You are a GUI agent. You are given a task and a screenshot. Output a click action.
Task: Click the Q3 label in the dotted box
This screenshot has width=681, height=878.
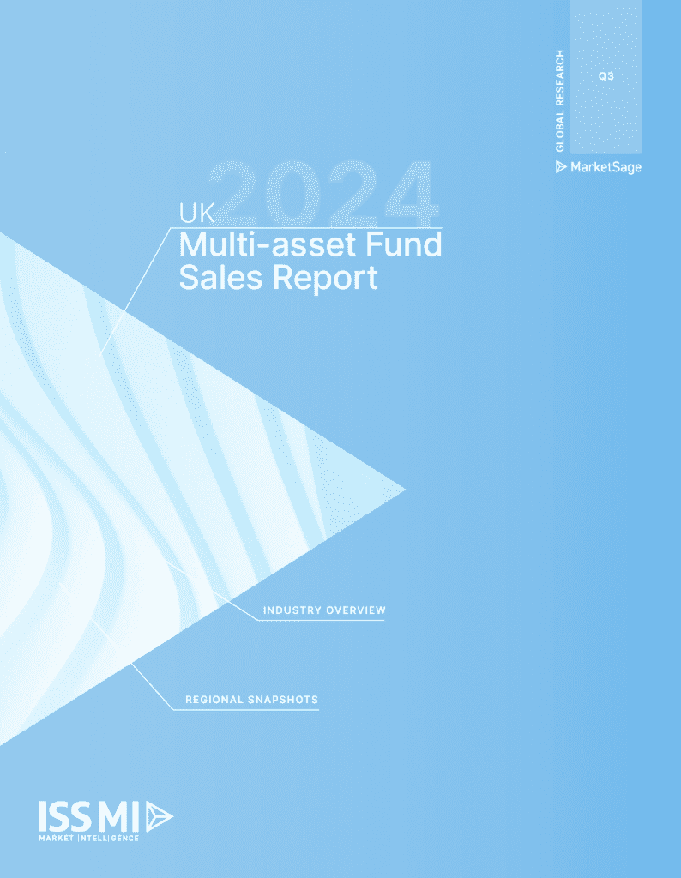(x=606, y=76)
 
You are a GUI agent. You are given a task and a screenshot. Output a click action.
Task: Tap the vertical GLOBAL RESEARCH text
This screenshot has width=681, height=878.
(x=560, y=100)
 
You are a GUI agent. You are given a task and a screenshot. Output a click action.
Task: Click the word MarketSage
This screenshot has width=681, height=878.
(x=606, y=167)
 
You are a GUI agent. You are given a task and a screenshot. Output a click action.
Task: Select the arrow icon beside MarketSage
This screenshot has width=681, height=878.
(x=561, y=167)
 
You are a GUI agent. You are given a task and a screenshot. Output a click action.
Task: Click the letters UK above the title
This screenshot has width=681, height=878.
(x=196, y=213)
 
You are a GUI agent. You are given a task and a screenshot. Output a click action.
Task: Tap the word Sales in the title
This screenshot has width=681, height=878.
(x=220, y=277)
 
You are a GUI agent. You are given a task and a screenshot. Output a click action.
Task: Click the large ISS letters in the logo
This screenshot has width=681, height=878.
(x=65, y=816)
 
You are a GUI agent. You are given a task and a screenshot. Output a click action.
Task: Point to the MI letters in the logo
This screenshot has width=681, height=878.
(x=118, y=816)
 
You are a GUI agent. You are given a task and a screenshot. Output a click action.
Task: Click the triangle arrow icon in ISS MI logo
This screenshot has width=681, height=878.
(x=159, y=816)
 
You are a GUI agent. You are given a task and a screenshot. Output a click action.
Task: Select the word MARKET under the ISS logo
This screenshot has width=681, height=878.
(x=56, y=839)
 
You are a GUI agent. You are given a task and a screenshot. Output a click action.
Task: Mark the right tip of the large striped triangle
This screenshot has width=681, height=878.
(x=406, y=490)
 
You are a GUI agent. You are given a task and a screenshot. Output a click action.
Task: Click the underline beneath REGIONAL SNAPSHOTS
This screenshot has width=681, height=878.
(x=246, y=710)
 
